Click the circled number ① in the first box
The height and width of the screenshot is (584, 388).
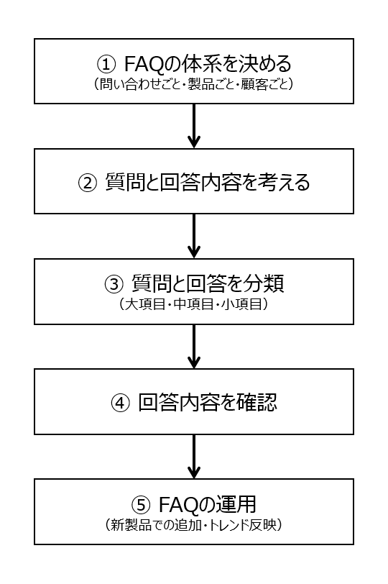coord(106,65)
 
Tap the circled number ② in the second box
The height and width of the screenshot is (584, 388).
coord(88,183)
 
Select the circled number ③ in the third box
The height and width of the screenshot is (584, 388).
coord(114,284)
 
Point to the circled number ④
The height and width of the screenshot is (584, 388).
coord(121,403)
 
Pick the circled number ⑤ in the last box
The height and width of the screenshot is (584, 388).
coord(141,505)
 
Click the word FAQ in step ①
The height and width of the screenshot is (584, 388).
coord(144,64)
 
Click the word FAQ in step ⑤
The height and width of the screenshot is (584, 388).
coord(179,504)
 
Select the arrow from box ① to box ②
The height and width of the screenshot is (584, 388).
coord(194,126)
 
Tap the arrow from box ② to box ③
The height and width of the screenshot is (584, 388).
coord(194,236)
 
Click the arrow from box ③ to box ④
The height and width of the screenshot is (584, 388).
coord(194,347)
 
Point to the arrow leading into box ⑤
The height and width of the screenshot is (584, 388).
coord(194,457)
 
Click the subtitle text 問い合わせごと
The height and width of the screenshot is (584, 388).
coord(140,84)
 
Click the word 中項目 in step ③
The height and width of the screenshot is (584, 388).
coord(193,304)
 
